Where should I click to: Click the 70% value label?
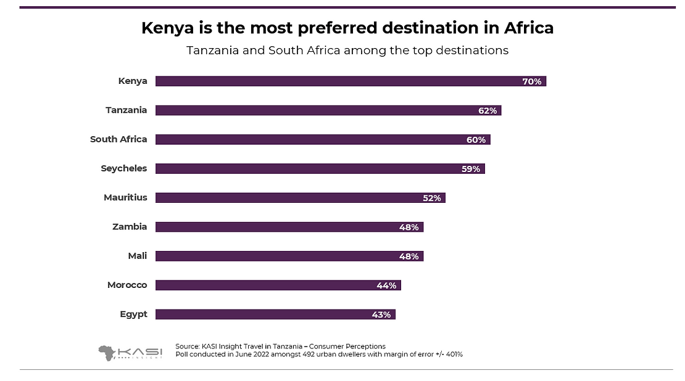pyautogui.click(x=531, y=81)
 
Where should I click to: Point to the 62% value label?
pyautogui.click(x=487, y=110)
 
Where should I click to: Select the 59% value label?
pyautogui.click(x=471, y=169)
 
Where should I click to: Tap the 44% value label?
pyautogui.click(x=386, y=285)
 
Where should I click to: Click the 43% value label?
pyautogui.click(x=381, y=314)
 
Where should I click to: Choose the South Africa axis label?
pyautogui.click(x=118, y=139)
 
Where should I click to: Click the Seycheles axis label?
pyautogui.click(x=124, y=168)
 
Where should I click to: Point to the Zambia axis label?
pyautogui.click(x=130, y=227)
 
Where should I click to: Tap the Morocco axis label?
pyautogui.click(x=127, y=285)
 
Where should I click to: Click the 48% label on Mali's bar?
pyautogui.click(x=409, y=256)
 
